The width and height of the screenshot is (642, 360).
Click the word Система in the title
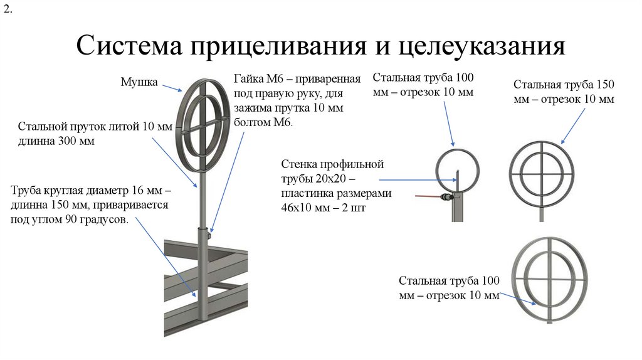126,47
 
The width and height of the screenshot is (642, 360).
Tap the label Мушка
139,82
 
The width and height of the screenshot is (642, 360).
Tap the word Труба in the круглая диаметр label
26,190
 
